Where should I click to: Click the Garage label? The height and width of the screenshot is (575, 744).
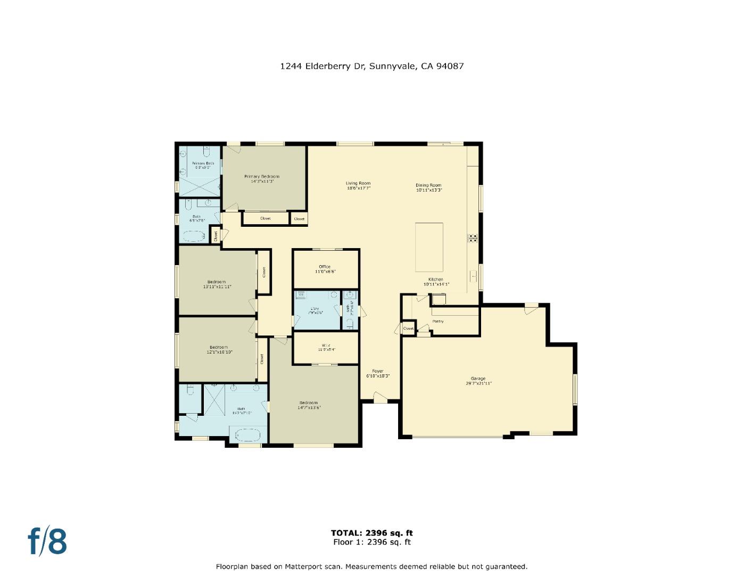477,379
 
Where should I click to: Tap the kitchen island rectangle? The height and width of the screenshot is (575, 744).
429,248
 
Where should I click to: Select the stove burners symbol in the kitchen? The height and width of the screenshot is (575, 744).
473,238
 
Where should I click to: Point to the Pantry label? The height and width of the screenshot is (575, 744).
437,322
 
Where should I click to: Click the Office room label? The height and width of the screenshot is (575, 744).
325,267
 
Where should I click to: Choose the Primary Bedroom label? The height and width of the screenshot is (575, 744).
261,176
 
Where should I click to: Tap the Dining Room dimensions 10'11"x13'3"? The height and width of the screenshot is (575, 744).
428,190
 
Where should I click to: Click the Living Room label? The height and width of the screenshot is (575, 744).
358,183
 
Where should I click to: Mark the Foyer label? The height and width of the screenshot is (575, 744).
377,371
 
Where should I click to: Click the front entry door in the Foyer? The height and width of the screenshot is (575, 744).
380,397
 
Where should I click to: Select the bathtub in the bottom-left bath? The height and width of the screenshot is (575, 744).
245,435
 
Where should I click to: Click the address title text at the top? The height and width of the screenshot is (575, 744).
372,67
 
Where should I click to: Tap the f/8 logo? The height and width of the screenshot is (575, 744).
47,541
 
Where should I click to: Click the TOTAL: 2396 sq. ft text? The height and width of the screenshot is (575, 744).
371,533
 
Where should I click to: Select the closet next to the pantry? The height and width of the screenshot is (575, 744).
408,328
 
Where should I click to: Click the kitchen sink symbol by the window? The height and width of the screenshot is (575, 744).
473,276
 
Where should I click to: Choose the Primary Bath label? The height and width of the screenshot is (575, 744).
203,163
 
